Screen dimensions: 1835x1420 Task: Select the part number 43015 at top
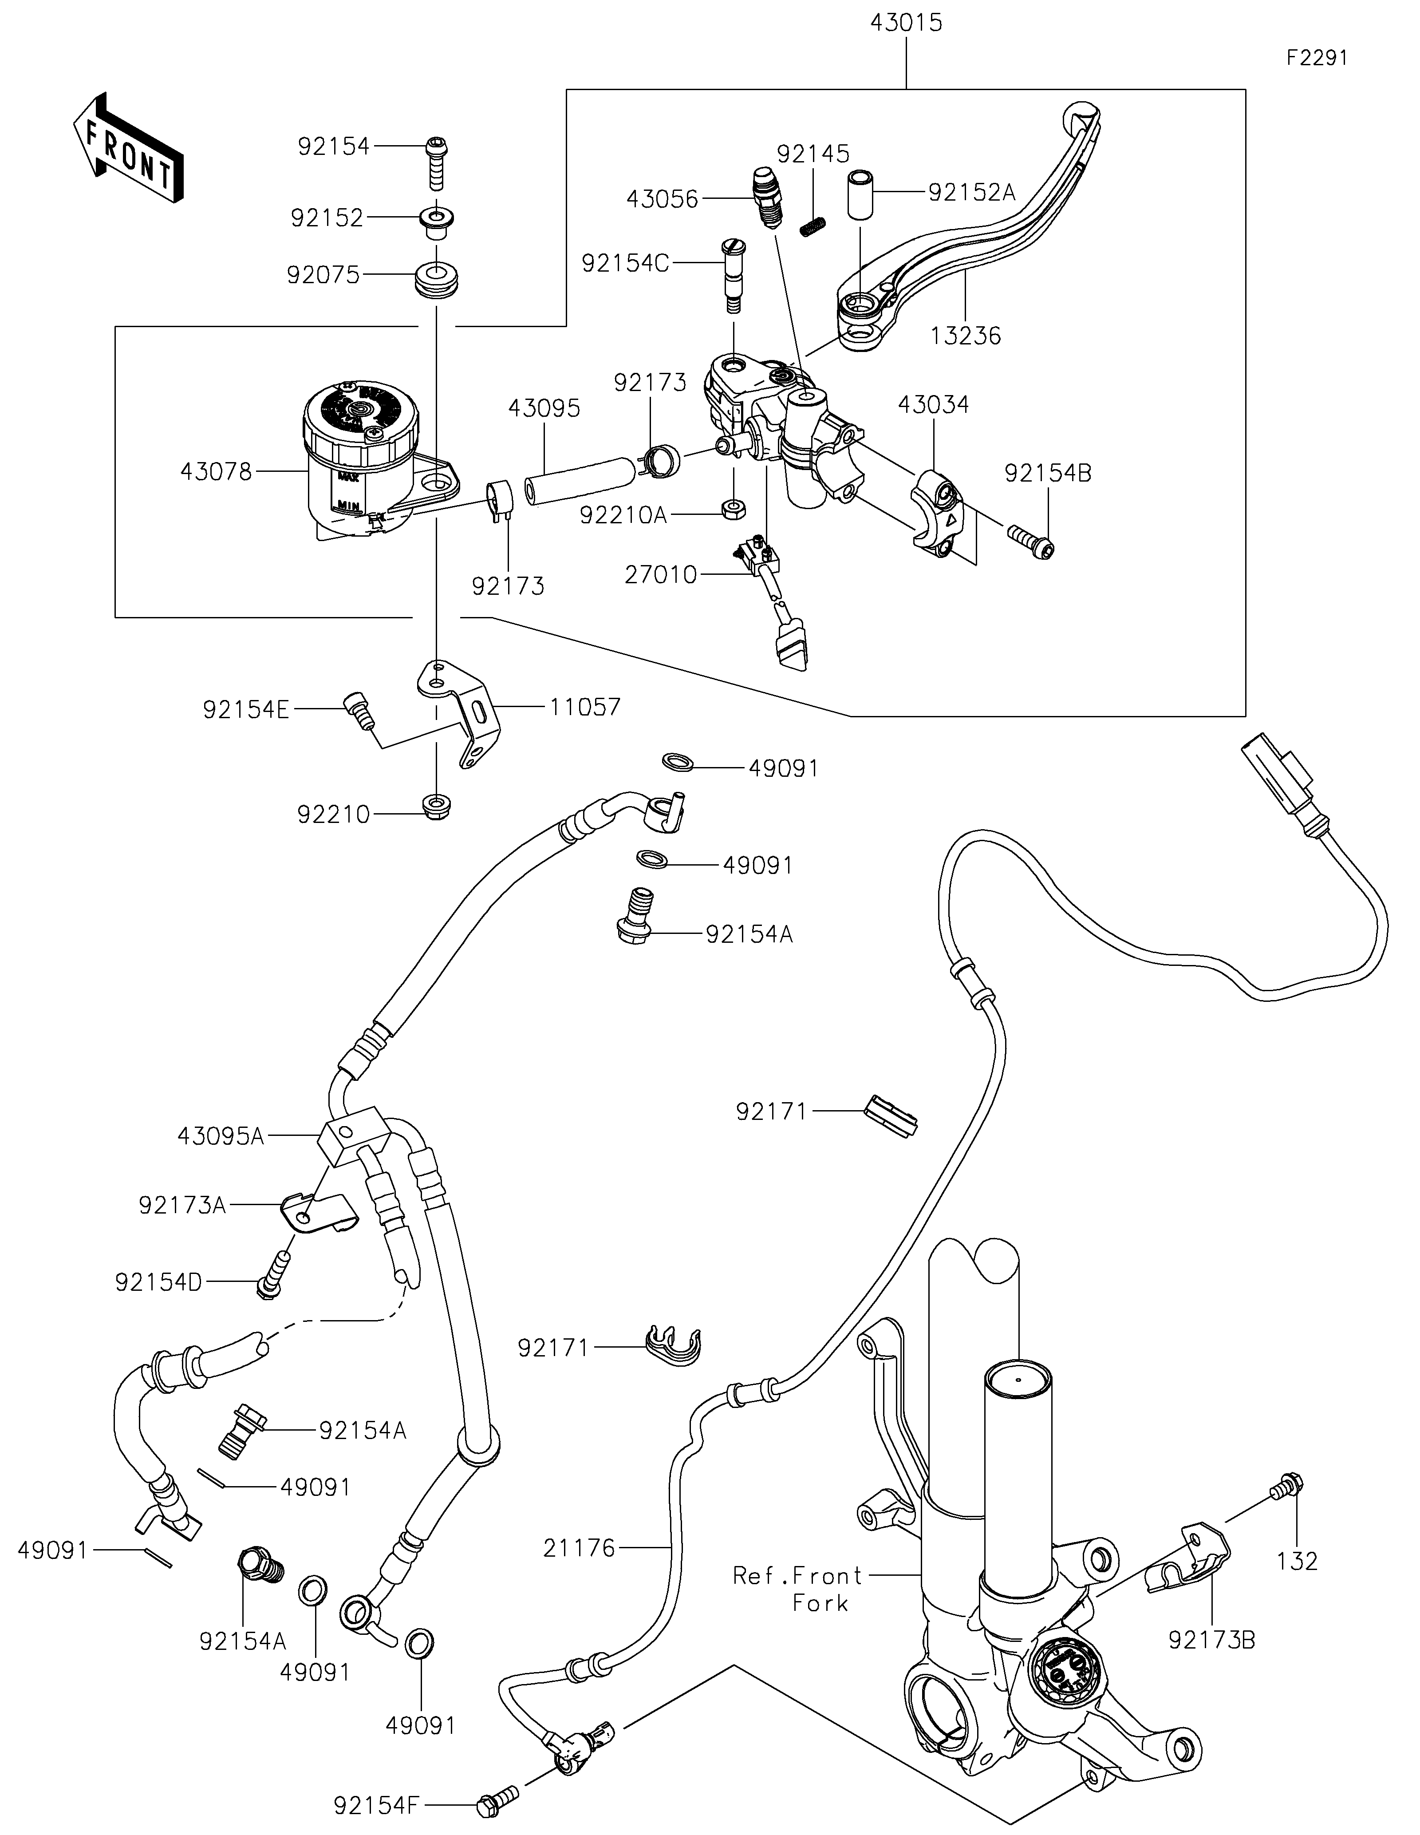[x=906, y=23]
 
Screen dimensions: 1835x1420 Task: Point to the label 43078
[x=216, y=472]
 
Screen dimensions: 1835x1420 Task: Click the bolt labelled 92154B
[x=1030, y=538]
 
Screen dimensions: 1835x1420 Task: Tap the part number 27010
[x=661, y=575]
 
